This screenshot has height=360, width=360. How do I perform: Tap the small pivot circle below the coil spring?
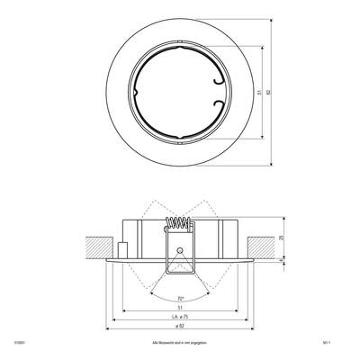tap(179, 248)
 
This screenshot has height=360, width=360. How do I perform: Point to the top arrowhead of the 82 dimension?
tap(270, 22)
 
